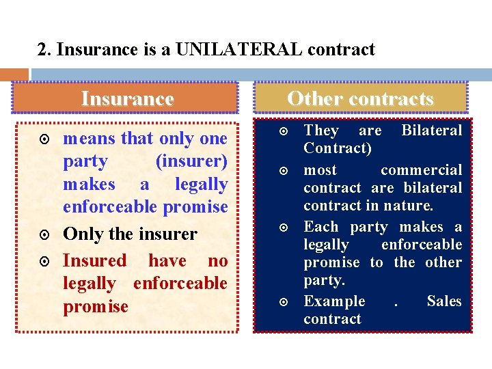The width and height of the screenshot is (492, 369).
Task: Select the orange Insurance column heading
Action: (x=127, y=98)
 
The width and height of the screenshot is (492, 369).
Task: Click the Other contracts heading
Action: (x=360, y=98)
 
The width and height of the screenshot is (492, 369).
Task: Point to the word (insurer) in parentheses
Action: (x=191, y=161)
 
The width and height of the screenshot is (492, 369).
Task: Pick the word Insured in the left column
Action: (x=94, y=260)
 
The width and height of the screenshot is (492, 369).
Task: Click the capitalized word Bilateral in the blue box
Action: (x=431, y=130)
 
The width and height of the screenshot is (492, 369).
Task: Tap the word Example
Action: (x=334, y=301)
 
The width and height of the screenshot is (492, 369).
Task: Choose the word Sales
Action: (x=444, y=301)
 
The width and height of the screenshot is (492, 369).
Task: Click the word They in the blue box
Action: (x=321, y=130)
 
